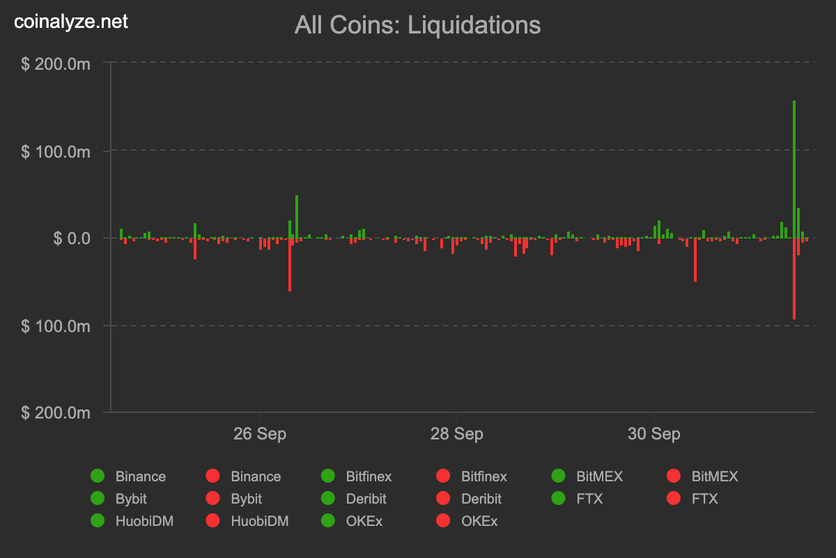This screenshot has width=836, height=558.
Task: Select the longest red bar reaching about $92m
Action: point(794,279)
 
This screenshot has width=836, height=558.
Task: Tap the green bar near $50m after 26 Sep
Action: point(297,217)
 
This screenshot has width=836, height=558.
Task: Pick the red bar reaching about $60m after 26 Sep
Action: point(290,265)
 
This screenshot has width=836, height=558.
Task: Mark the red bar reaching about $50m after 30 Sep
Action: point(695,260)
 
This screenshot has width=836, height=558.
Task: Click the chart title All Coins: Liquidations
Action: point(417,25)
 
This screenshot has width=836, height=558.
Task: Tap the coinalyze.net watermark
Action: point(72,22)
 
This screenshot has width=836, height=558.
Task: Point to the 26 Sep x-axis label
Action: point(260,434)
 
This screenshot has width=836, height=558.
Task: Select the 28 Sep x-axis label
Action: point(457,434)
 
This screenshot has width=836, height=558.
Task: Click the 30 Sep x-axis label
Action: point(654,434)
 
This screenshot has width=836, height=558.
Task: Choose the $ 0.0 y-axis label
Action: point(72,239)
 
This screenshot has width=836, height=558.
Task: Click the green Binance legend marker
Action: point(98,476)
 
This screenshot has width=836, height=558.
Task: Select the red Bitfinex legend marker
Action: point(442,476)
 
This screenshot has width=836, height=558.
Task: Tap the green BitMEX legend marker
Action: point(558,476)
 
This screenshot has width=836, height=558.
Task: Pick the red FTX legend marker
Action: point(673,499)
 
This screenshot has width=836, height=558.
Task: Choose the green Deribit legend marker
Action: point(327,499)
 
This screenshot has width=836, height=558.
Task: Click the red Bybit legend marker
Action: point(212,499)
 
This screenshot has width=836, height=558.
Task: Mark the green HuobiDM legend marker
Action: point(98,521)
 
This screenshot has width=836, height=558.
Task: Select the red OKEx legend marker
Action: point(442,521)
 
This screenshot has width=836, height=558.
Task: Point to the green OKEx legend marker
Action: point(327,521)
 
